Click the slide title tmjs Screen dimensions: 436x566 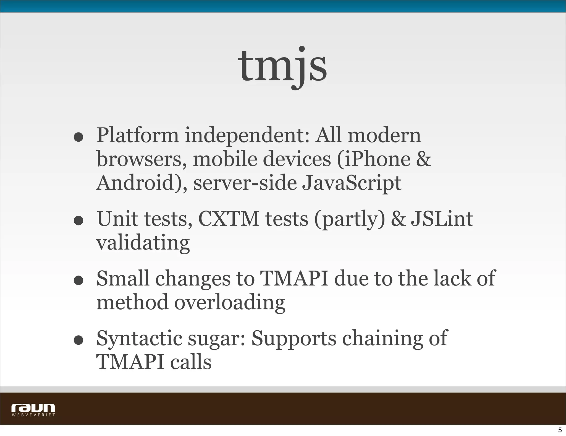[x=282, y=66]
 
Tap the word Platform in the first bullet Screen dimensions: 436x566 [x=138, y=135]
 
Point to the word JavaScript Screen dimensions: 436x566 [x=351, y=183]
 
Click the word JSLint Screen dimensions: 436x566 [x=442, y=219]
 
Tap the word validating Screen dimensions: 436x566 [x=143, y=243]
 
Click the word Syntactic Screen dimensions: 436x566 [x=139, y=338]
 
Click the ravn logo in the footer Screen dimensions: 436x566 [x=33, y=408]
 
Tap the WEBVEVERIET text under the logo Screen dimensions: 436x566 [x=33, y=415]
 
